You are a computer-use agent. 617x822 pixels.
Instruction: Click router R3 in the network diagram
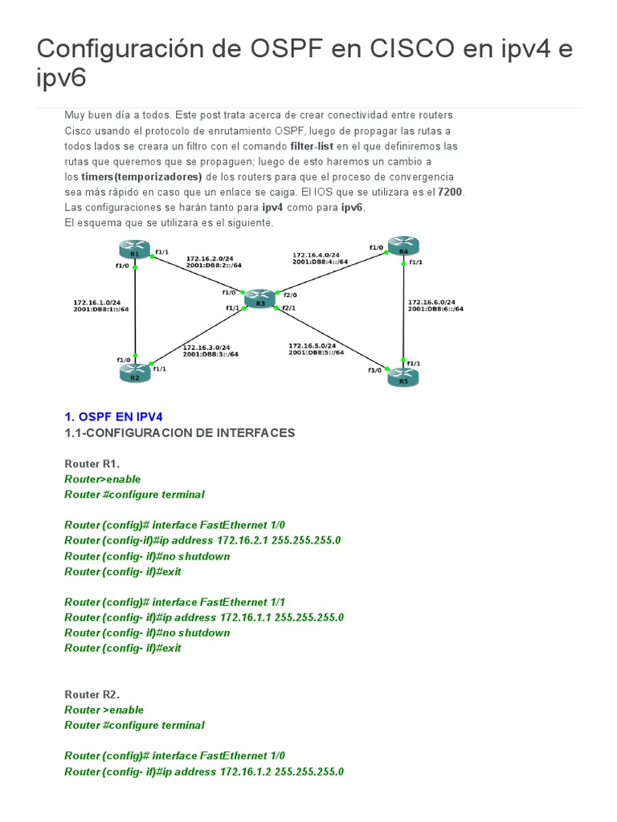point(259,299)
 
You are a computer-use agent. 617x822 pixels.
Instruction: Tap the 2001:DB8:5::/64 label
point(317,352)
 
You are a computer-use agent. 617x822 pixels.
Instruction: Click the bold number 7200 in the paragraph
point(451,192)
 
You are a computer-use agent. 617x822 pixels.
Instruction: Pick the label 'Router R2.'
point(92,694)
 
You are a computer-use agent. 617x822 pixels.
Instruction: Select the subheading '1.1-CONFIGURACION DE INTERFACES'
point(180,433)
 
